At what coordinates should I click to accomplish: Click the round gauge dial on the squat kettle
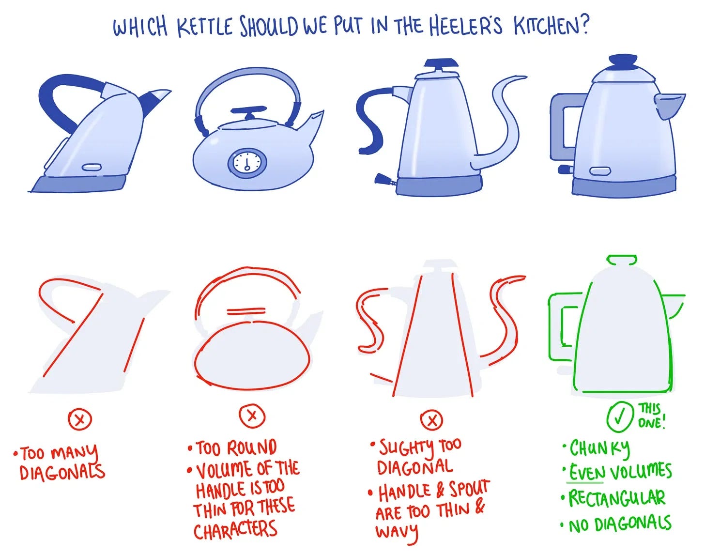pos(247,162)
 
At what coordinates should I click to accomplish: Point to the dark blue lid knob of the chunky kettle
pos(623,62)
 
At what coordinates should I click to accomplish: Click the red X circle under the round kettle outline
pos(252,416)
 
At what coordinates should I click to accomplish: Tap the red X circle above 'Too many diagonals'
pos(80,419)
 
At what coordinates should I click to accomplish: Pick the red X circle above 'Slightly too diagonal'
pos(431,420)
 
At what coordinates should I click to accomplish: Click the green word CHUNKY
pos(599,448)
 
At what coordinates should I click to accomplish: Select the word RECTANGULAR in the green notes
pos(617,498)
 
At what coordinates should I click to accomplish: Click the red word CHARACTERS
pos(235,529)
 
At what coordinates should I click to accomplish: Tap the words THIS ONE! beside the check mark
pos(651,416)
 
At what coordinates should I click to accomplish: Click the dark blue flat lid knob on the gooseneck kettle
pos(441,63)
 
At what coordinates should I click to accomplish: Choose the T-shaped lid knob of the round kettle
pos(249,112)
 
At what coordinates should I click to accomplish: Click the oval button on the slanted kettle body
pos(92,168)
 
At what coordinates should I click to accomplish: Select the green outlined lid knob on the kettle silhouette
pos(622,260)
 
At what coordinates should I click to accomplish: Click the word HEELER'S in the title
pos(465,26)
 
